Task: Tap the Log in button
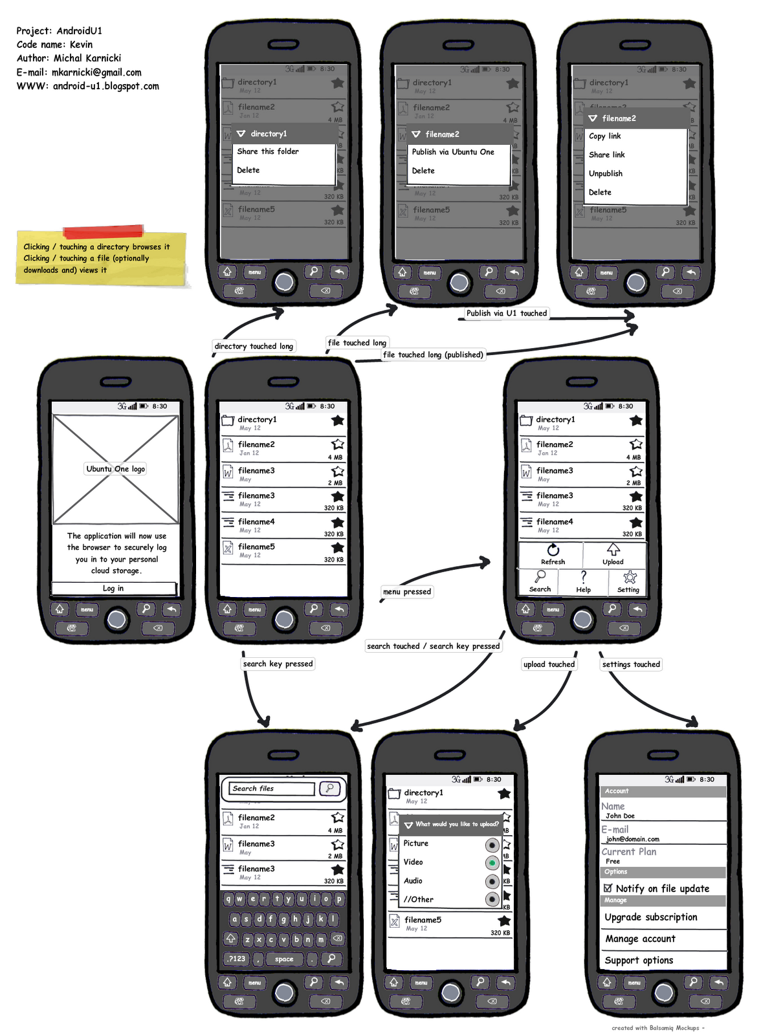point(113,588)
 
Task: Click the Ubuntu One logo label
point(116,469)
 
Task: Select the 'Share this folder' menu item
point(268,151)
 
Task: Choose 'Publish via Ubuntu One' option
point(453,152)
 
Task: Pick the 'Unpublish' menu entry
point(606,173)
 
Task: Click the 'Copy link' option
point(605,136)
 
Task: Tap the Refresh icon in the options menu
point(553,550)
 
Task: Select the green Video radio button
point(492,863)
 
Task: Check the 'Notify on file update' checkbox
point(608,888)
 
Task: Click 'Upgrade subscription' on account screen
point(651,917)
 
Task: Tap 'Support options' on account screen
point(639,961)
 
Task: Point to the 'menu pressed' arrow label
point(407,591)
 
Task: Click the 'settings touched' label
point(631,664)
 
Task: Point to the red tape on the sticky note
point(104,232)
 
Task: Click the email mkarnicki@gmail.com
point(96,72)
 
